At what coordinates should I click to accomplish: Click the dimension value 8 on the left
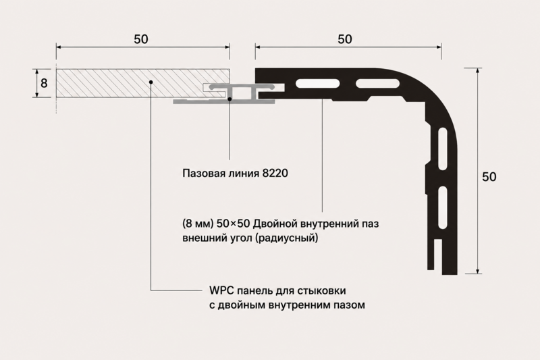click(x=44, y=83)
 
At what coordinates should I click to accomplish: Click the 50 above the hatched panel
click(x=141, y=39)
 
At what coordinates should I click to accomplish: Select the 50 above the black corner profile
click(x=345, y=39)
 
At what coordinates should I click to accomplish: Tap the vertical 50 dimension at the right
click(x=489, y=177)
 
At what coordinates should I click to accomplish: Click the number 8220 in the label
click(x=275, y=173)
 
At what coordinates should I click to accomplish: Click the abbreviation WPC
click(x=221, y=290)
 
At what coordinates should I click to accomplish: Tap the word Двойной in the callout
click(x=275, y=224)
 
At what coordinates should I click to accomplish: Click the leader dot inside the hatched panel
click(x=151, y=82)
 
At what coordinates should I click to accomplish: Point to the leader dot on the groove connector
click(x=230, y=99)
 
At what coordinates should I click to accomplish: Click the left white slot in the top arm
click(x=317, y=83)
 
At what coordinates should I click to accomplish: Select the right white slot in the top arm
click(x=378, y=83)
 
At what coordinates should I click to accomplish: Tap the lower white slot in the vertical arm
click(x=442, y=208)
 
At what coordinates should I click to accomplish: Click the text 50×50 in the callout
click(x=234, y=224)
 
